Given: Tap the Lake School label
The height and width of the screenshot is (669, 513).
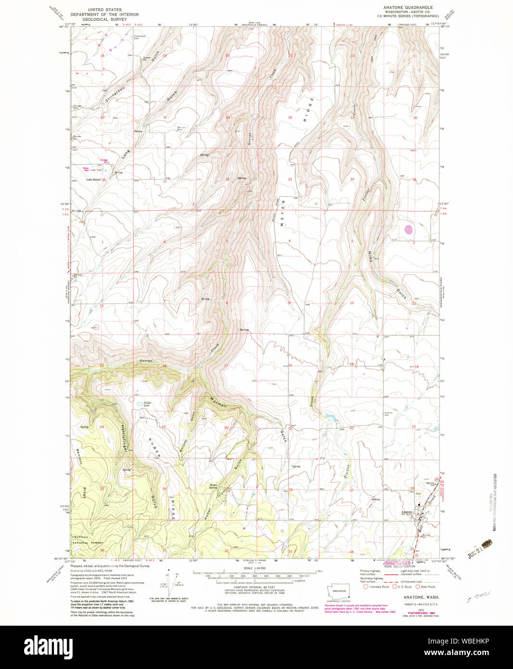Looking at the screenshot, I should tap(93, 180).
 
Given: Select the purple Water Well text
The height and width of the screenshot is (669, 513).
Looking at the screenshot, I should tap(87, 169).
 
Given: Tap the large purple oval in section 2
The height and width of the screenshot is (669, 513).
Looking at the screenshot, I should tap(409, 230).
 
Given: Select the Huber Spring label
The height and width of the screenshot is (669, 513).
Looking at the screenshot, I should tap(214, 486).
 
